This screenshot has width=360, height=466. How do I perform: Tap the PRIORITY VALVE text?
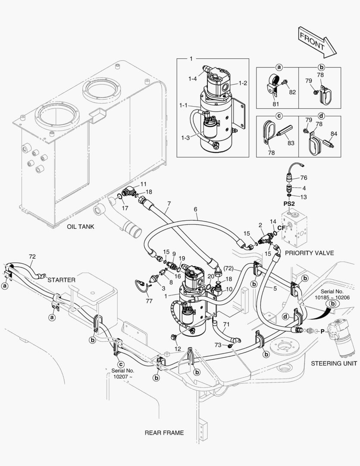[309, 253]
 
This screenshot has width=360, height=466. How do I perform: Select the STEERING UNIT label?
[334, 363]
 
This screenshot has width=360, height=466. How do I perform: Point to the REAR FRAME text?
[164, 432]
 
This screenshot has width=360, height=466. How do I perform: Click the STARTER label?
[61, 280]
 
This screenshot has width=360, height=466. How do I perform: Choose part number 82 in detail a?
[292, 92]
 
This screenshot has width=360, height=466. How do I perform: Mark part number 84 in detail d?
[334, 133]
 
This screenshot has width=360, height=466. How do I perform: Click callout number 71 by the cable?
[226, 324]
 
